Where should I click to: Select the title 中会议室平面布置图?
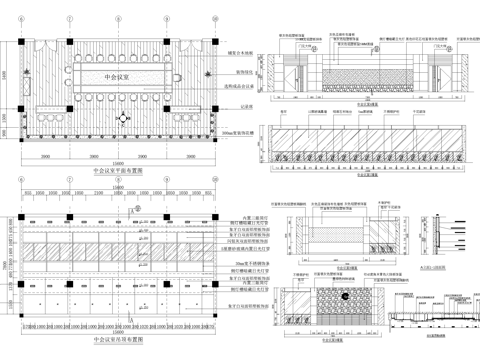click(x=119, y=172)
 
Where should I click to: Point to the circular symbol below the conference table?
click(x=121, y=116)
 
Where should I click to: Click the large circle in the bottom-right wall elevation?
click(x=345, y=294)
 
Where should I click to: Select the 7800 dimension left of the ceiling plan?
click(x=7, y=258)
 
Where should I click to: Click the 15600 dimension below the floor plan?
click(x=119, y=163)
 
